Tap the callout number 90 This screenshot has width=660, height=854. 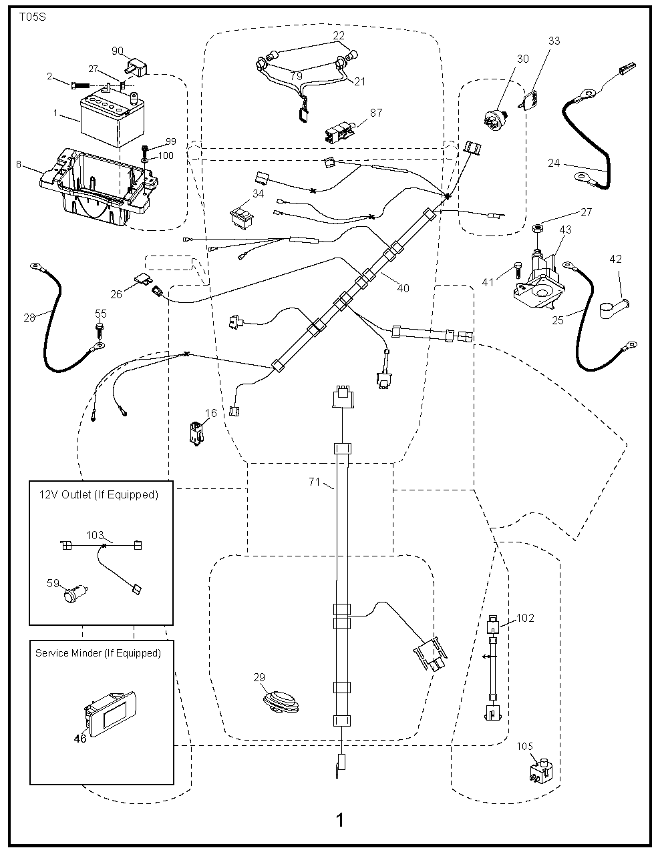pos(118,51)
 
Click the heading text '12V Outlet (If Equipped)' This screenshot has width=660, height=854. pos(99,494)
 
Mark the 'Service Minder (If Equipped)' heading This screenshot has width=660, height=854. pos(98,653)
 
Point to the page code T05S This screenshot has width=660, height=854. pos(33,16)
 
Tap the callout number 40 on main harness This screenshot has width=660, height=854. pos(403,288)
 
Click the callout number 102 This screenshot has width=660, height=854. pos(526,618)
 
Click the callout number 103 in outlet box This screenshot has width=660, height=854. pos(95,535)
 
